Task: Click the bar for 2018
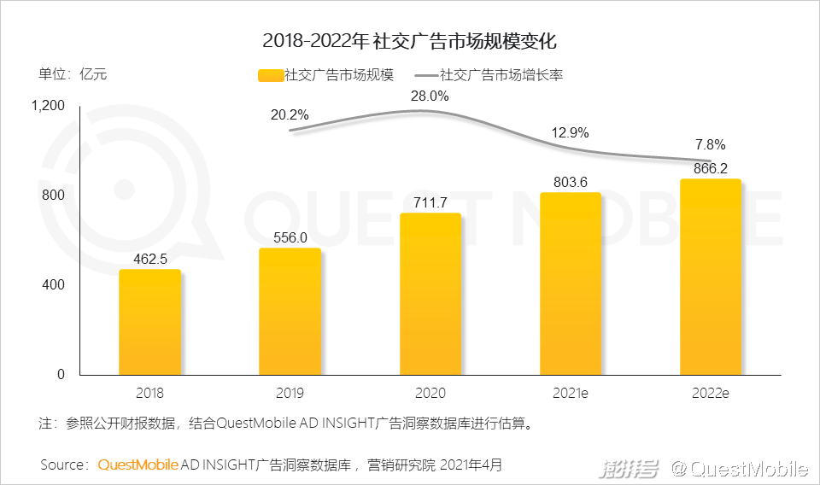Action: point(149,323)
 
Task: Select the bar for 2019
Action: point(290,312)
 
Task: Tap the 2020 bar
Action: point(430,295)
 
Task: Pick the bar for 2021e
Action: point(571,284)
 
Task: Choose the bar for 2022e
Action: point(710,278)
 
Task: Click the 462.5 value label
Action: point(149,257)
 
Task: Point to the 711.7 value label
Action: point(430,201)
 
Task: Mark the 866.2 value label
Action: point(710,167)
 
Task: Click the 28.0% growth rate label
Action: point(429,96)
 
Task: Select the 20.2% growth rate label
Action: point(290,115)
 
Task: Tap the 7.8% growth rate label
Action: point(710,144)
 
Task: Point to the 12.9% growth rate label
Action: point(571,132)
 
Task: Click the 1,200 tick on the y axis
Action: point(48,106)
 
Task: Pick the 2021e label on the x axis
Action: point(571,394)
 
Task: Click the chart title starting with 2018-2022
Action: point(410,40)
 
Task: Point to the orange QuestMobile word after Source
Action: point(138,465)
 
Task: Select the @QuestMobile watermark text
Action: point(738,468)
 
